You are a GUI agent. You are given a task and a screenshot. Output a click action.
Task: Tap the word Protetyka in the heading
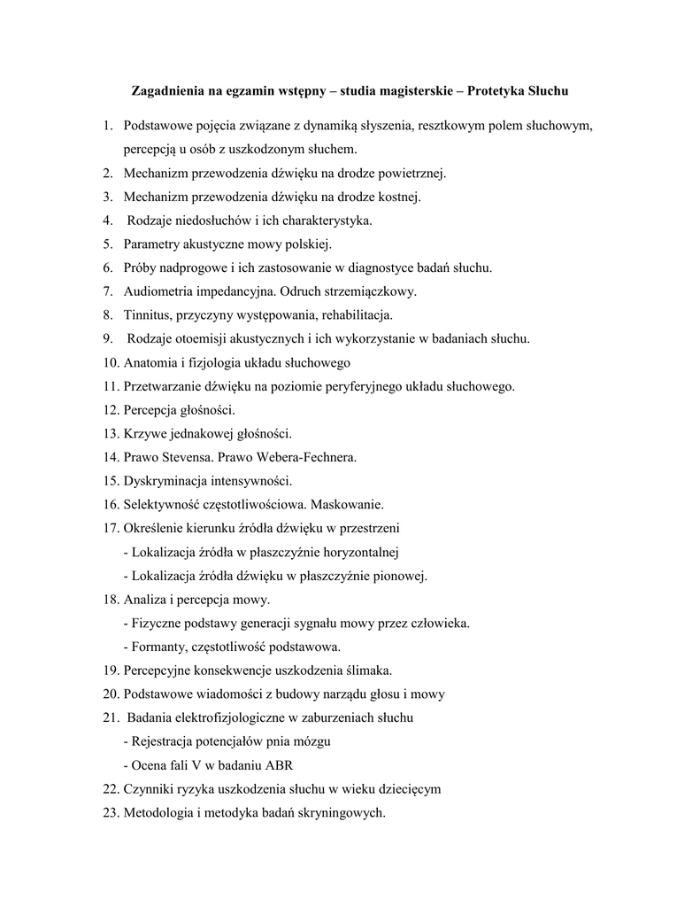click(493, 91)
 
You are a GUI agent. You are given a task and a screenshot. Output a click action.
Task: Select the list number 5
click(107, 244)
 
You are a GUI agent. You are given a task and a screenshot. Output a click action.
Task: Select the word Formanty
click(158, 647)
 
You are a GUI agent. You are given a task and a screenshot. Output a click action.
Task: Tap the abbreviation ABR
click(286, 766)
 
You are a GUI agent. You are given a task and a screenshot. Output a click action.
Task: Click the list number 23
click(111, 814)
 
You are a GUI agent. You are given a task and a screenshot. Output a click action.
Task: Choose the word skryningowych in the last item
click(342, 814)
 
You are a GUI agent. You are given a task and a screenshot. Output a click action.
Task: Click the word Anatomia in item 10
click(151, 362)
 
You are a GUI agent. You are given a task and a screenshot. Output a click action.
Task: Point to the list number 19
click(111, 671)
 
